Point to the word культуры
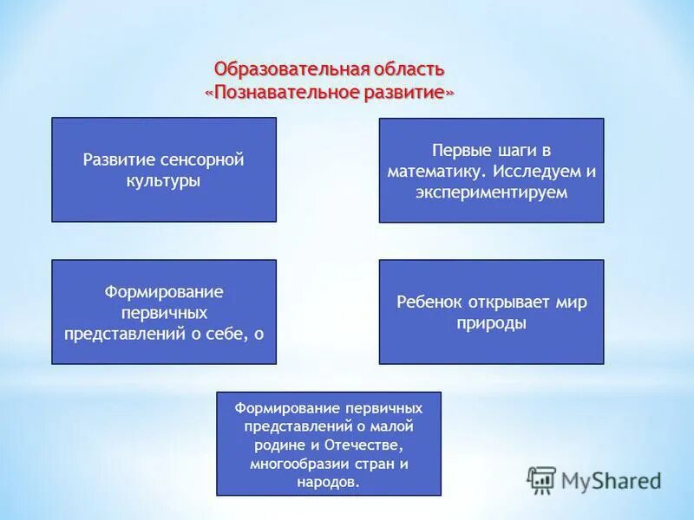coord(164,181)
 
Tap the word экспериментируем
coord(492,192)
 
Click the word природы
coord(491,323)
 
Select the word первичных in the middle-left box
coord(164,312)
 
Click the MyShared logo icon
coord(541,479)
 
